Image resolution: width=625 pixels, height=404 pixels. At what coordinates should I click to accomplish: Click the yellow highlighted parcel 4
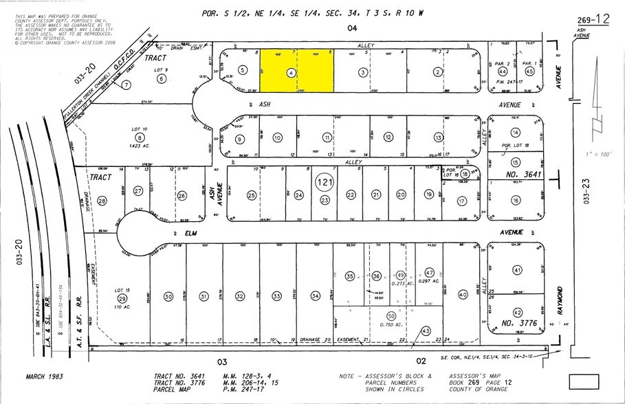point(296,71)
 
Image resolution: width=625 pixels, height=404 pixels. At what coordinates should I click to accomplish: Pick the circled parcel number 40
point(463,294)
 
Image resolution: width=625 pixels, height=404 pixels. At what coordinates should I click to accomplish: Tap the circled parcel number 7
point(127,85)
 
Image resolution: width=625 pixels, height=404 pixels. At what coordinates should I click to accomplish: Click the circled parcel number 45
point(529,71)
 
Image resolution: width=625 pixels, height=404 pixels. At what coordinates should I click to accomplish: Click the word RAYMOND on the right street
point(560,300)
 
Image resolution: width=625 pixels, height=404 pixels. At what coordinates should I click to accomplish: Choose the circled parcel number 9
point(240,139)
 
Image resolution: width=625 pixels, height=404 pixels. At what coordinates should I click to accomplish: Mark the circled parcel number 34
point(316,295)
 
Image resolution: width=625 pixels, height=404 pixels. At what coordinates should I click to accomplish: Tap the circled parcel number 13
point(437,137)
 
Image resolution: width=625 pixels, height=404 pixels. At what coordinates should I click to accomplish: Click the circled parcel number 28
point(102,201)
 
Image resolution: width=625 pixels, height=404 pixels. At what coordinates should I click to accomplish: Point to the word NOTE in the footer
point(349,377)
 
